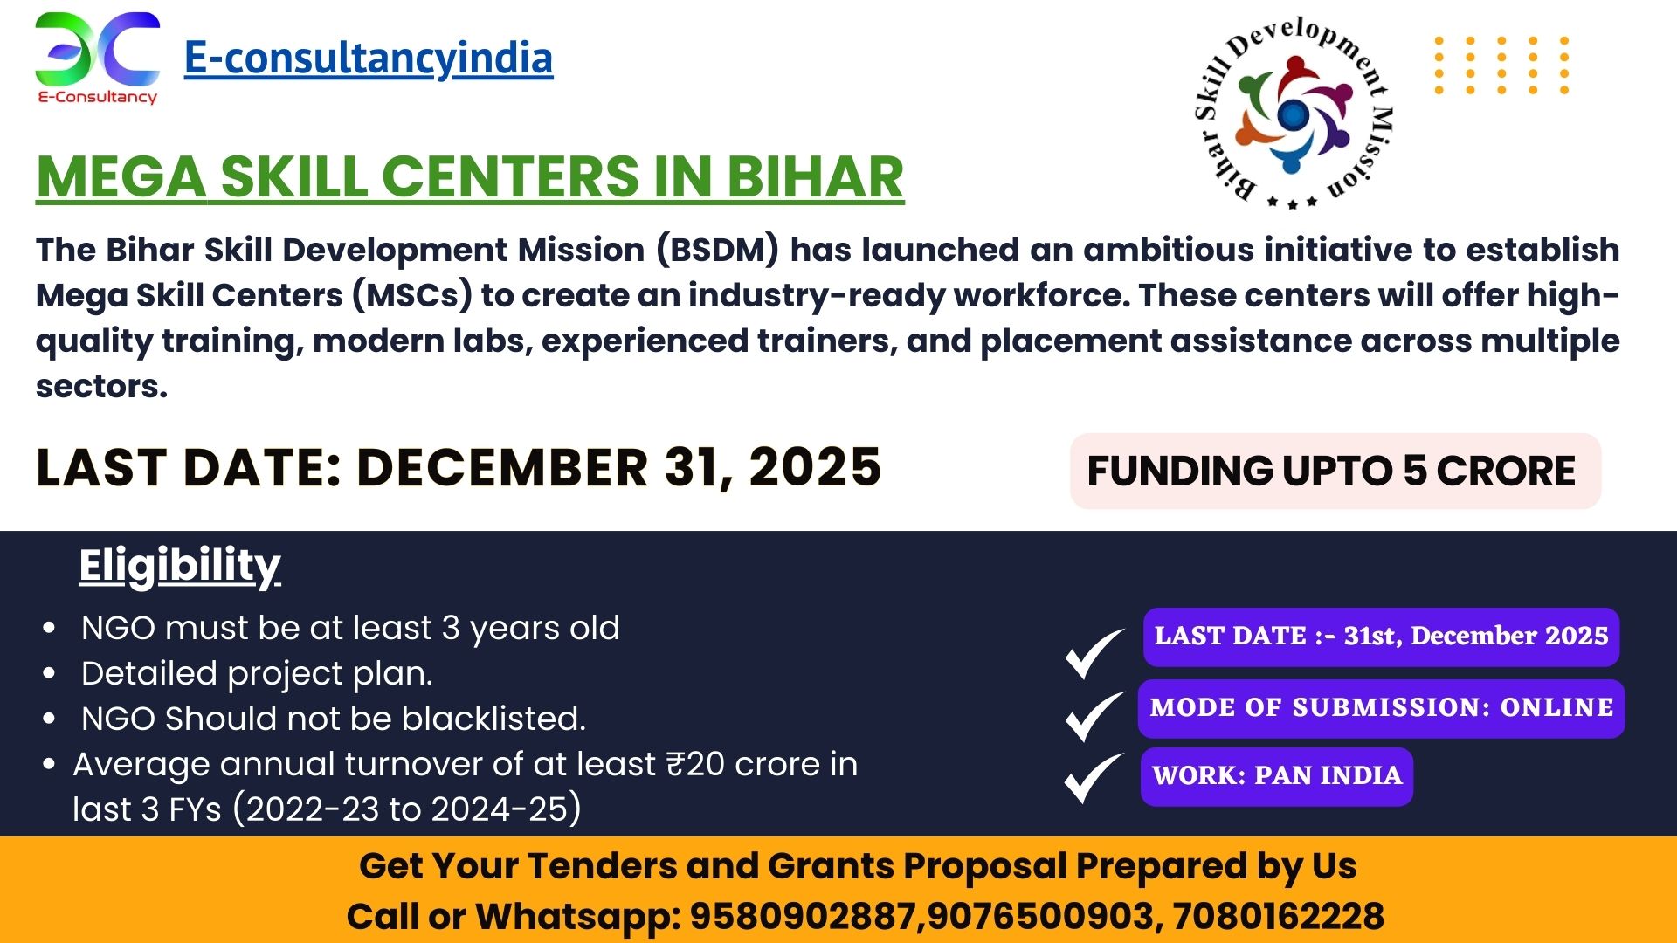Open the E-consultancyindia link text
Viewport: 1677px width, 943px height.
[x=368, y=59]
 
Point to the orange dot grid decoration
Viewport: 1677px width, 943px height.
[x=1501, y=65]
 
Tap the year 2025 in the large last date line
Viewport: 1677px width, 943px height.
[x=815, y=467]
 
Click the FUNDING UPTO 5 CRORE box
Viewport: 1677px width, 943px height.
[x=1335, y=471]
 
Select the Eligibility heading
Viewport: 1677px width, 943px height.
[x=180, y=566]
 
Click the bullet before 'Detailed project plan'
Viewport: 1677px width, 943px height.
[x=49, y=673]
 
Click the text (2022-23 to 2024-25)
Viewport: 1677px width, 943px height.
[x=407, y=809]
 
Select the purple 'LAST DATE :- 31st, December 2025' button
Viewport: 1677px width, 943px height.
[x=1381, y=637]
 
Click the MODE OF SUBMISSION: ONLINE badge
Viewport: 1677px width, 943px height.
[x=1381, y=708]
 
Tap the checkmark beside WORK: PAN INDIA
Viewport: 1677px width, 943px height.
[x=1094, y=778]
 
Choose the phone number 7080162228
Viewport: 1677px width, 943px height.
[x=1278, y=917]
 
